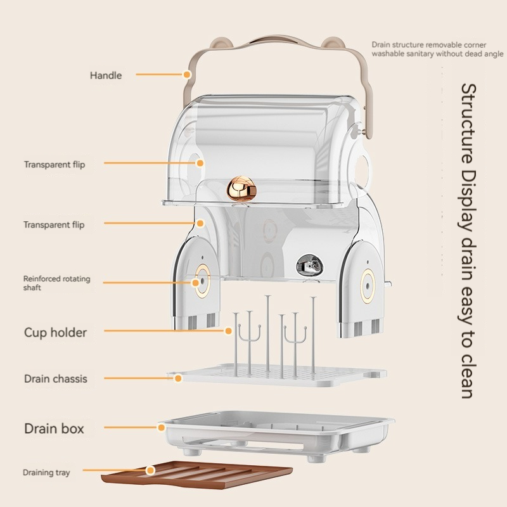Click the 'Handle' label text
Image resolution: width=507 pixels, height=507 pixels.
pos(106,75)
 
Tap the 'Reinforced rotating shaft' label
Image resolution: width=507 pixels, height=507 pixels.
pos(56,283)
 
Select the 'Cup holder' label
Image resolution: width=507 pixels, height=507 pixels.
pos(55,332)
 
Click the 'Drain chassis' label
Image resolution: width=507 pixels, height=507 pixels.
pos(56,379)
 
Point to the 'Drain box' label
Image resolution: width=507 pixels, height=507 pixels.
pos(54,428)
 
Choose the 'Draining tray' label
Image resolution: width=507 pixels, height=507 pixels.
pos(46,473)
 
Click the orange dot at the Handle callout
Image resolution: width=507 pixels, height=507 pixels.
pos(187,75)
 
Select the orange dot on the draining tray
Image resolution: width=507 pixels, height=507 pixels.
pos(150,470)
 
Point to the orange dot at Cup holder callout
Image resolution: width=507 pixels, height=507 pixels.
pos(228,330)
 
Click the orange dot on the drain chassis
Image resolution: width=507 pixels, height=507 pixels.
pos(178,378)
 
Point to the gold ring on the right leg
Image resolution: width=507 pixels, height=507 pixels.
pos(368,283)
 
